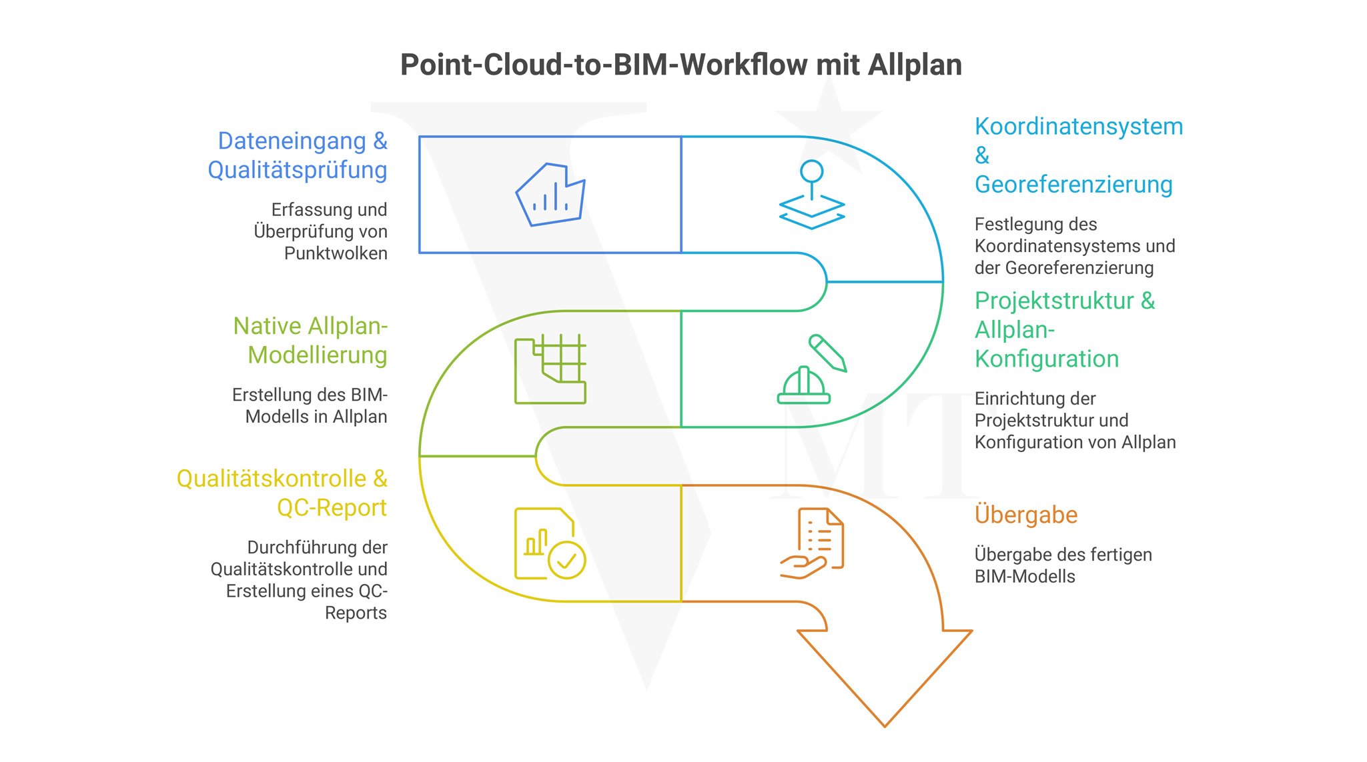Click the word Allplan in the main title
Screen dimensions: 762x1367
pyautogui.click(x=915, y=65)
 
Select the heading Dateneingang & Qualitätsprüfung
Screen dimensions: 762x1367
pyautogui.click(x=298, y=155)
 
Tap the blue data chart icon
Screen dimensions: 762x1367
pyautogui.click(x=550, y=195)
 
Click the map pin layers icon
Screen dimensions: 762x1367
pyautogui.click(x=812, y=195)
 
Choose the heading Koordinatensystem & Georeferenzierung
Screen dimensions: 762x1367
pyautogui.click(x=1077, y=155)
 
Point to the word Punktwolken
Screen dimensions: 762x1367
pyautogui.click(x=336, y=254)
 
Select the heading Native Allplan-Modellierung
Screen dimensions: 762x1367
pyautogui.click(x=311, y=341)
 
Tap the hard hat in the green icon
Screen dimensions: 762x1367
pyautogui.click(x=804, y=386)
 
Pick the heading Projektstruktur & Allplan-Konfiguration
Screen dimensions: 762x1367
pyautogui.click(x=1064, y=330)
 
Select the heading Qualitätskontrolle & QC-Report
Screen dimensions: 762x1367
pyautogui.click(x=282, y=493)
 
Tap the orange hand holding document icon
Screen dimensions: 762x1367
pyautogui.click(x=812, y=543)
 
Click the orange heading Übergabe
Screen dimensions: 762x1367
pyautogui.click(x=1025, y=515)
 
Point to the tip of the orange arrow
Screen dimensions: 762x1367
pyautogui.click(x=885, y=724)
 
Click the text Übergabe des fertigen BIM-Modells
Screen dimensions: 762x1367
pyautogui.click(x=1062, y=565)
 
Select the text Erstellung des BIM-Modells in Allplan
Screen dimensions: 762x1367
pyautogui.click(x=310, y=406)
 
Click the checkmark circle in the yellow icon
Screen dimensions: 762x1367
pyautogui.click(x=567, y=560)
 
